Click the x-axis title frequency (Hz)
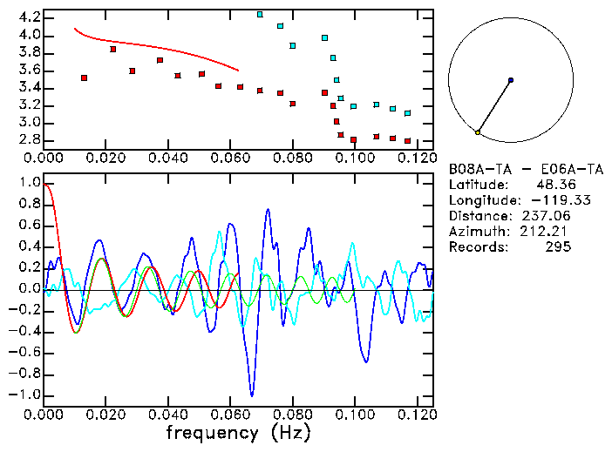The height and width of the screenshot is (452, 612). [x=238, y=433]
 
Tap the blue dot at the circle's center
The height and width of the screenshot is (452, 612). [x=511, y=80]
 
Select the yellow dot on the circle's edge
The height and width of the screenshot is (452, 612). [x=478, y=132]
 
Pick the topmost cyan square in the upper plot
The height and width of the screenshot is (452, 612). [x=260, y=15]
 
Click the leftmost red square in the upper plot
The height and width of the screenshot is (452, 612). [x=84, y=78]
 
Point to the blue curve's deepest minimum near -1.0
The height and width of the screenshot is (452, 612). [x=252, y=395]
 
